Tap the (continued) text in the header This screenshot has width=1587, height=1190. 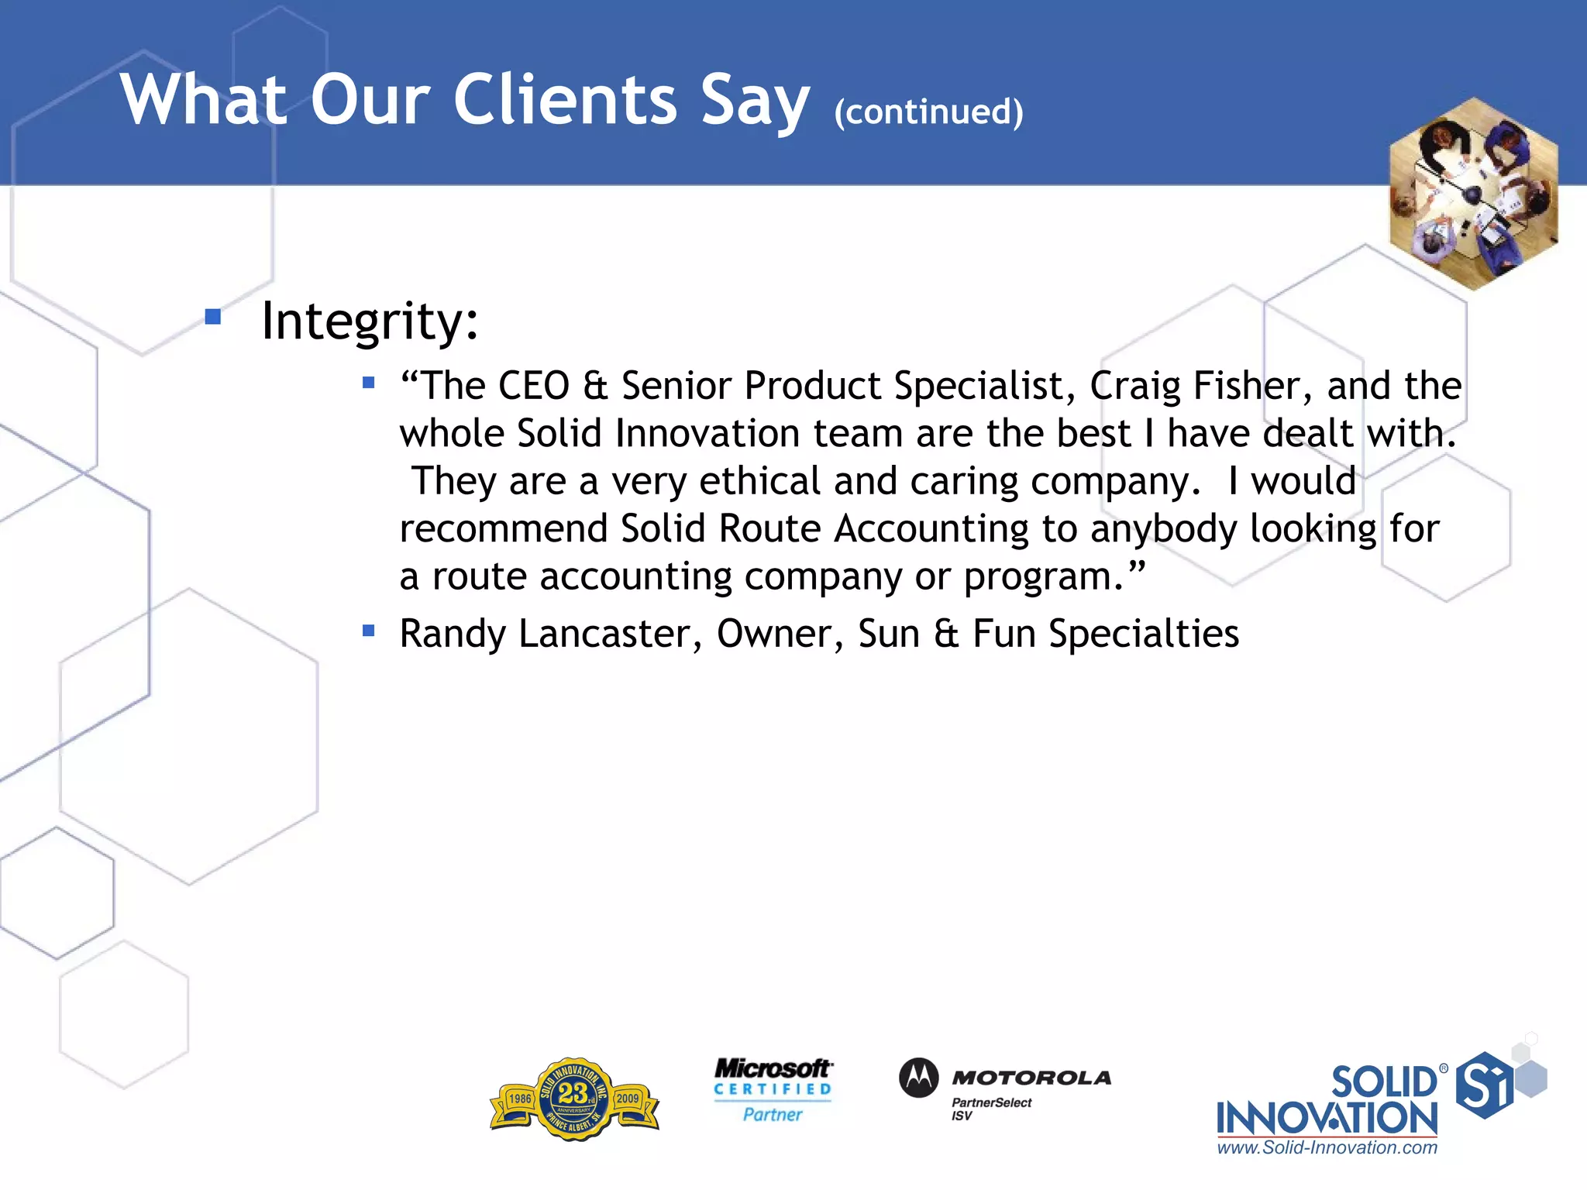tap(928, 112)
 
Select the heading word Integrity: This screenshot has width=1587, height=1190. tap(370, 321)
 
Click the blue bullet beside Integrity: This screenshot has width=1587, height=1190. tap(213, 316)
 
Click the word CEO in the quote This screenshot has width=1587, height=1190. tap(534, 386)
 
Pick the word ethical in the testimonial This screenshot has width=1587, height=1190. tap(759, 481)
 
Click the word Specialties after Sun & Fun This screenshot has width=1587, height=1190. tap(1144, 634)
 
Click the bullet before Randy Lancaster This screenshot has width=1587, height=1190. tap(369, 631)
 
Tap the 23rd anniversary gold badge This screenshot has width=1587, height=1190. tap(574, 1099)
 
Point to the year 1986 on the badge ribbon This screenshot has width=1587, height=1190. tap(520, 1099)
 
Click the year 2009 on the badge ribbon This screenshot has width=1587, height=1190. tap(628, 1099)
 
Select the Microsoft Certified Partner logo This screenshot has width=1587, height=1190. tap(773, 1090)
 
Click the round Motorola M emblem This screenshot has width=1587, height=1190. tap(918, 1077)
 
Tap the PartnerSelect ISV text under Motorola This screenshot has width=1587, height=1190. tap(990, 1109)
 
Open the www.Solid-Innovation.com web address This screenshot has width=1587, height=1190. tap(1327, 1148)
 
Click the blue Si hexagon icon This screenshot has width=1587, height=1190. tap(1484, 1085)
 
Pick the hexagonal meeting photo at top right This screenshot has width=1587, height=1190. tap(1473, 194)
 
